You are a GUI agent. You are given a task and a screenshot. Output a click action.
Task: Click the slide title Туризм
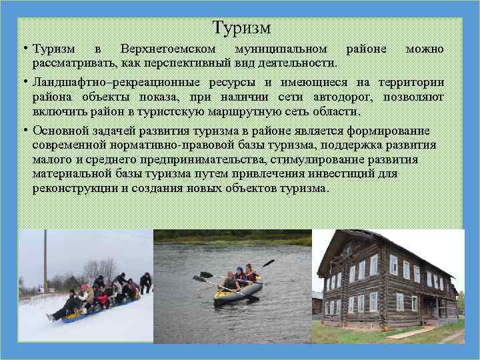pos(241,28)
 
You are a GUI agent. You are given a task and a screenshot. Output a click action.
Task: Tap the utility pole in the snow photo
pos(45,260)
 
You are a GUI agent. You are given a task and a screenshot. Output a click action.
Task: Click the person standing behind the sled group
pos(145,282)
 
